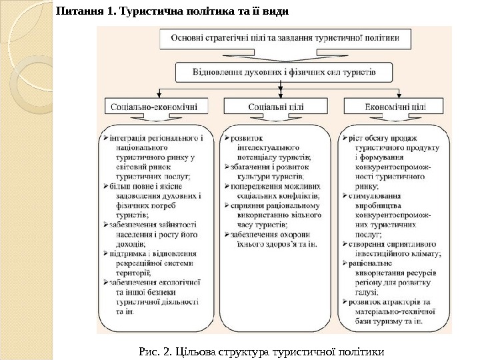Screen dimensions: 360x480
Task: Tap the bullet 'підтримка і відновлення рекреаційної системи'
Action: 153,263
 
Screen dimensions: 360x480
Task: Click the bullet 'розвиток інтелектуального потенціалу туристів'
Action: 270,147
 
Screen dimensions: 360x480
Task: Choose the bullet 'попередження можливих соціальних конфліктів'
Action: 273,192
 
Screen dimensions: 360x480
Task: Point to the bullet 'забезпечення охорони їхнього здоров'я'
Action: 270,239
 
